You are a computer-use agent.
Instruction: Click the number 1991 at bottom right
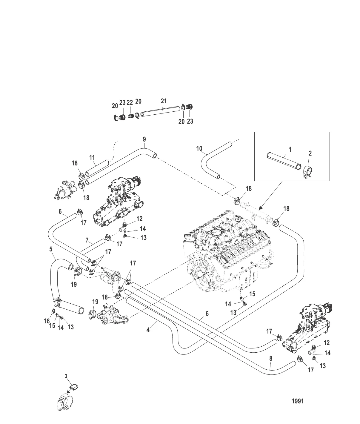pos(297,401)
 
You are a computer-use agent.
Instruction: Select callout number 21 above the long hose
pos(164,101)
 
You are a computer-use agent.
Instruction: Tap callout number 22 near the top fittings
pos(130,102)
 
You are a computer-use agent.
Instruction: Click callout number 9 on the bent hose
pos(144,139)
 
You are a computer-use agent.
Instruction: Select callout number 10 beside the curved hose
pos(199,148)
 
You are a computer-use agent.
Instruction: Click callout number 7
pos(87,240)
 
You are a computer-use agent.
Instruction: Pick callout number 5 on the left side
pos(51,248)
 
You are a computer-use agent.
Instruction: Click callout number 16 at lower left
pos(46,321)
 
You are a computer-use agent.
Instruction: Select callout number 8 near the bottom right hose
pos(271,358)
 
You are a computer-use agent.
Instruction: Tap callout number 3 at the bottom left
pos(66,376)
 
